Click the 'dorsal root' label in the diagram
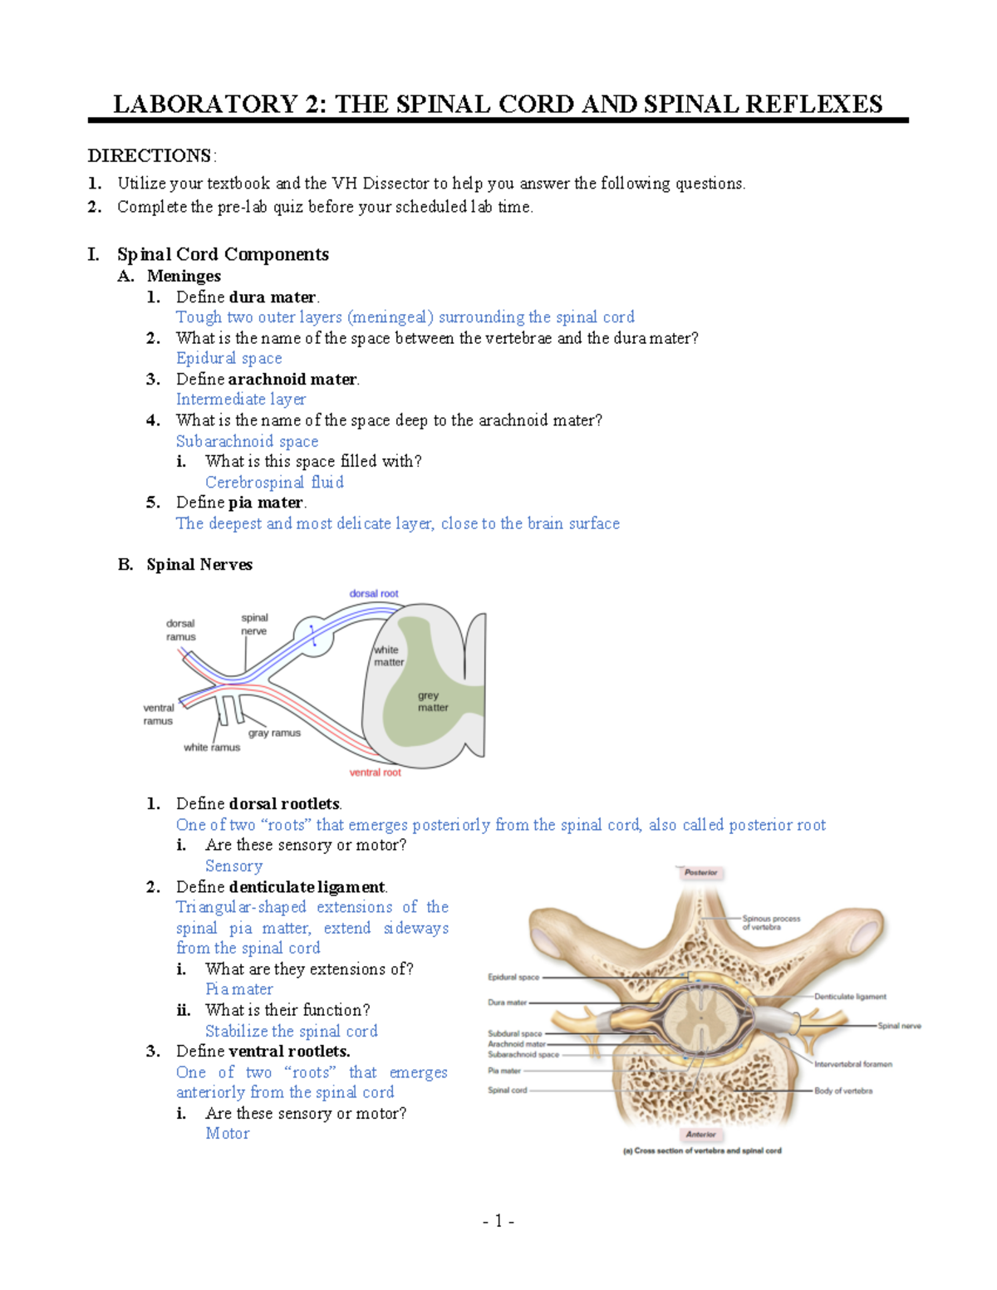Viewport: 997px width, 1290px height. pyautogui.click(x=374, y=594)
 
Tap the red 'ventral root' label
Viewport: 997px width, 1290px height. pyautogui.click(x=375, y=773)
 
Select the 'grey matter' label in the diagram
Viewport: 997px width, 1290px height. pyautogui.click(x=432, y=702)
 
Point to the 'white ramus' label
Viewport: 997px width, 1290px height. pyautogui.click(x=212, y=748)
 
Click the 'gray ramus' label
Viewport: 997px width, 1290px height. pyautogui.click(x=274, y=733)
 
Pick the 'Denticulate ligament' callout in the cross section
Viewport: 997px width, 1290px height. pyautogui.click(x=849, y=997)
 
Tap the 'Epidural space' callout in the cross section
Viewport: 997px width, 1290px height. pyautogui.click(x=513, y=978)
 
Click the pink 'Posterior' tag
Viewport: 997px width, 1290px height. pyautogui.click(x=700, y=873)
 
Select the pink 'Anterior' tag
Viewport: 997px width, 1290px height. pyautogui.click(x=700, y=1134)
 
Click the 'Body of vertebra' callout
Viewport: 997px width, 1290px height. pyautogui.click(x=843, y=1091)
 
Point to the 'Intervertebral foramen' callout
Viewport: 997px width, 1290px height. pyautogui.click(x=852, y=1064)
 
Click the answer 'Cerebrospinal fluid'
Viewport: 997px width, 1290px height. pyautogui.click(x=274, y=483)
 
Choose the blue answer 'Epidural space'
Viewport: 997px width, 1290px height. pyautogui.click(x=228, y=359)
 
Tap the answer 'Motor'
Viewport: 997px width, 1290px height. pyautogui.click(x=227, y=1134)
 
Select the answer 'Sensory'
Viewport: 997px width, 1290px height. pyautogui.click(x=233, y=866)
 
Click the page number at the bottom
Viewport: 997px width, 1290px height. pyautogui.click(x=498, y=1221)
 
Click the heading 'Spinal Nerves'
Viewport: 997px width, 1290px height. pyautogui.click(x=199, y=565)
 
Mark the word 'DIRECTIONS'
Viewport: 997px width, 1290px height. pyautogui.click(x=150, y=156)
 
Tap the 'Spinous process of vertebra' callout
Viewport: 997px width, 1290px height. pyautogui.click(x=771, y=922)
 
